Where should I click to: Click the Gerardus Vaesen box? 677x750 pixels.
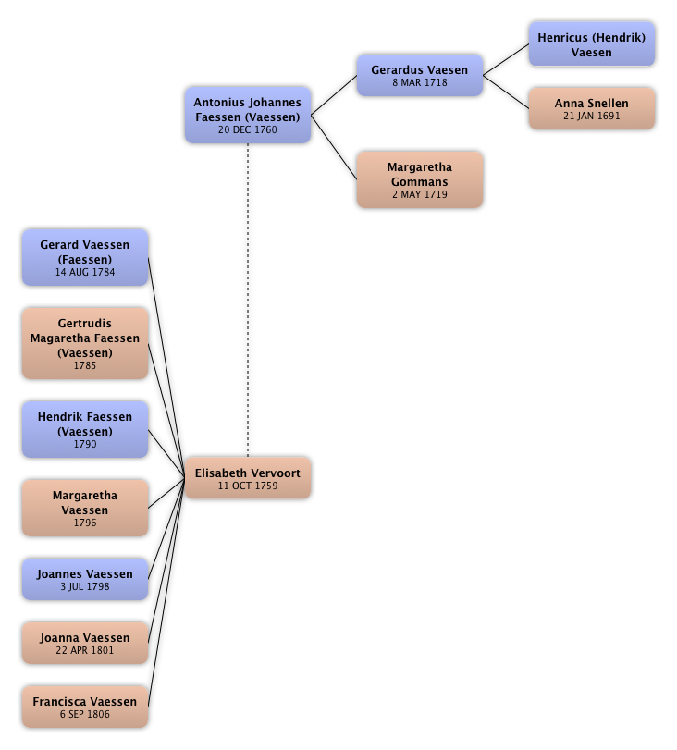[x=419, y=75]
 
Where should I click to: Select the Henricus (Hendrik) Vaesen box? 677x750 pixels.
[x=592, y=44]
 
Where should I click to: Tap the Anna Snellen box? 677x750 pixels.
[x=592, y=109]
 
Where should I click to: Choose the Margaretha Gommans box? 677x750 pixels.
[x=419, y=180]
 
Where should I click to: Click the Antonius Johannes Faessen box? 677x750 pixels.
[x=248, y=116]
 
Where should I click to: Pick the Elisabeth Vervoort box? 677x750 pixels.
[x=248, y=478]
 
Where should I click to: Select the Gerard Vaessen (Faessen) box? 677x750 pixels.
[x=85, y=258]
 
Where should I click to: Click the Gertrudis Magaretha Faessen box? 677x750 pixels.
[x=85, y=344]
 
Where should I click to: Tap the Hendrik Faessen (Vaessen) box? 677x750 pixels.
[x=85, y=430]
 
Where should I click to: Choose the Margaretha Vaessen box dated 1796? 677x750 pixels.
[x=85, y=509]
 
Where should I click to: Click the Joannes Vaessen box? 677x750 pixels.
[x=85, y=580]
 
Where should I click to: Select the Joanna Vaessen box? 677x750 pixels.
[x=85, y=644]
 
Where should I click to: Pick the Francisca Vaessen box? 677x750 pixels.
[x=85, y=707]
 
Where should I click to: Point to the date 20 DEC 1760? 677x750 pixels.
[x=248, y=130]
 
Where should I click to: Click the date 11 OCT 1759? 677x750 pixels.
[x=248, y=486]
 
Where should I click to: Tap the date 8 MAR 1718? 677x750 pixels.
[x=419, y=83]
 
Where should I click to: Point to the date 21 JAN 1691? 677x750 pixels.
[x=592, y=117]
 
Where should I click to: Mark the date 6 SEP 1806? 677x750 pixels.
[x=85, y=715]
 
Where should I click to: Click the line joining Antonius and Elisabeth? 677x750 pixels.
[x=248, y=296]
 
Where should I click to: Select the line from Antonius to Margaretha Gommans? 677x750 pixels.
[x=335, y=147]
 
